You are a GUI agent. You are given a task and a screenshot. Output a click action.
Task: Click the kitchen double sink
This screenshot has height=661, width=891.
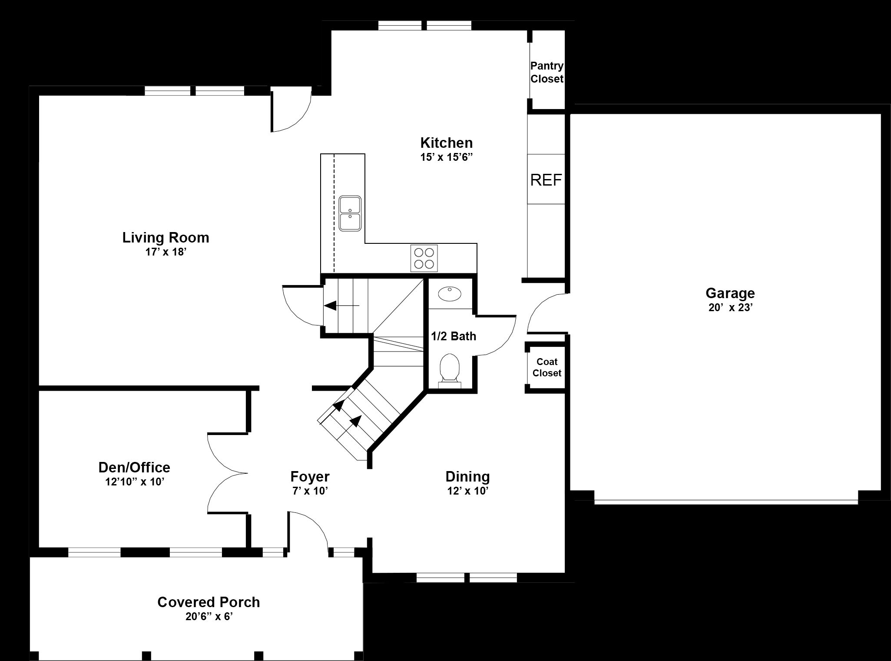350,213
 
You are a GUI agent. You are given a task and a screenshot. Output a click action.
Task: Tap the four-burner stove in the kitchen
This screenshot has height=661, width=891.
424,258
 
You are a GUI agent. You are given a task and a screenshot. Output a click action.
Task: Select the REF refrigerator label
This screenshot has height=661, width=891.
546,180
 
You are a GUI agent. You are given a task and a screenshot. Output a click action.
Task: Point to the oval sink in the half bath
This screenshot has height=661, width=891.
450,294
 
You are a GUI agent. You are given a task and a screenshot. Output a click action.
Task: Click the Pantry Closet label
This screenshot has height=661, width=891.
547,72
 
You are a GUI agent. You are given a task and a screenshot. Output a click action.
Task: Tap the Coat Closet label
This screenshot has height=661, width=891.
547,367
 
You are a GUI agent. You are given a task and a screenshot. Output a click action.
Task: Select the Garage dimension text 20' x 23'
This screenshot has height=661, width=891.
730,308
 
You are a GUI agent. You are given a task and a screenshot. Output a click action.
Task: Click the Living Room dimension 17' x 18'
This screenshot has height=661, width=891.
166,252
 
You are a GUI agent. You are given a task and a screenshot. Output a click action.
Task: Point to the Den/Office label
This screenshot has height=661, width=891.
134,467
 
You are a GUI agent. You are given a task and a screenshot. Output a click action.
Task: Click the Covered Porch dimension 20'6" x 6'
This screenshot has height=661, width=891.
209,617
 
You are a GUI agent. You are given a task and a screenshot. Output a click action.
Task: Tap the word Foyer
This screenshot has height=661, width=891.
310,477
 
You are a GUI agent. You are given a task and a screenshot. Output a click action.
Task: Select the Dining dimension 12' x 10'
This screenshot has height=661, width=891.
467,491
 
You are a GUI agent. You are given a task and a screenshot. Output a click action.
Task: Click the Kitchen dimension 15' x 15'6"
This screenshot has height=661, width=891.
446,157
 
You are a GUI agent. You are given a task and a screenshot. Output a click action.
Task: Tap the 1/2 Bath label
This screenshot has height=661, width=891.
454,336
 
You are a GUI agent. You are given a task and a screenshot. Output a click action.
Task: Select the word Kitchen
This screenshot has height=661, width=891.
446,143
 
